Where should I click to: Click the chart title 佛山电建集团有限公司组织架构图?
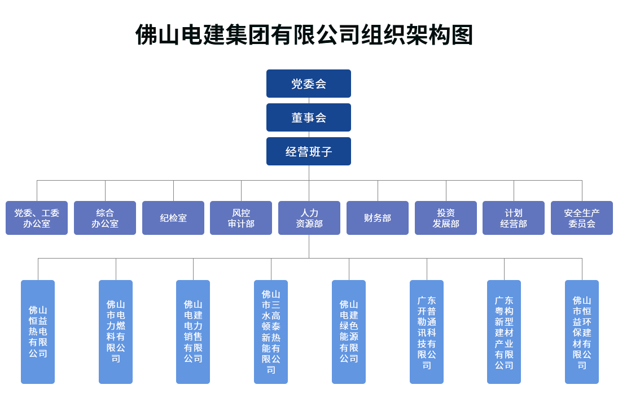pyautogui.click(x=304, y=35)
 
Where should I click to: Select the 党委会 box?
pyautogui.click(x=309, y=84)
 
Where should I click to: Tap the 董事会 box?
pyautogui.click(x=309, y=117)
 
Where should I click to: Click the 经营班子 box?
pyautogui.click(x=309, y=151)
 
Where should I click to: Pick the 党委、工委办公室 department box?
pyautogui.click(x=37, y=218)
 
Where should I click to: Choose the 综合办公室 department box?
pyautogui.click(x=105, y=218)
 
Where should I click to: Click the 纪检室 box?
pyautogui.click(x=173, y=218)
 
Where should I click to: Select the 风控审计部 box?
pyautogui.click(x=241, y=218)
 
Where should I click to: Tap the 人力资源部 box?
pyautogui.click(x=309, y=218)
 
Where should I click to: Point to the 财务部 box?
pyautogui.click(x=378, y=218)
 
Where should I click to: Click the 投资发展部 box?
pyautogui.click(x=446, y=218)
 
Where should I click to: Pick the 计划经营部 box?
pyautogui.click(x=514, y=218)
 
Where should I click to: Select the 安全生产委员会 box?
pyautogui.click(x=582, y=218)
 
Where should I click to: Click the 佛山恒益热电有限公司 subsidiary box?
pyautogui.click(x=38, y=332)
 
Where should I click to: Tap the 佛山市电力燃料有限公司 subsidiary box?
pyautogui.click(x=116, y=332)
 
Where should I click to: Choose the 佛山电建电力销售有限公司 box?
pyautogui.click(x=193, y=332)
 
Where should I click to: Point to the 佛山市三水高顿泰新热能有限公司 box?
pyautogui.click(x=271, y=332)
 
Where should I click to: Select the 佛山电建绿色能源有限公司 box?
pyautogui.click(x=349, y=332)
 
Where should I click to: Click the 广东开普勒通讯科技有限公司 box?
pyautogui.click(x=427, y=332)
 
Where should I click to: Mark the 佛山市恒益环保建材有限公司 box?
pyautogui.click(x=582, y=332)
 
